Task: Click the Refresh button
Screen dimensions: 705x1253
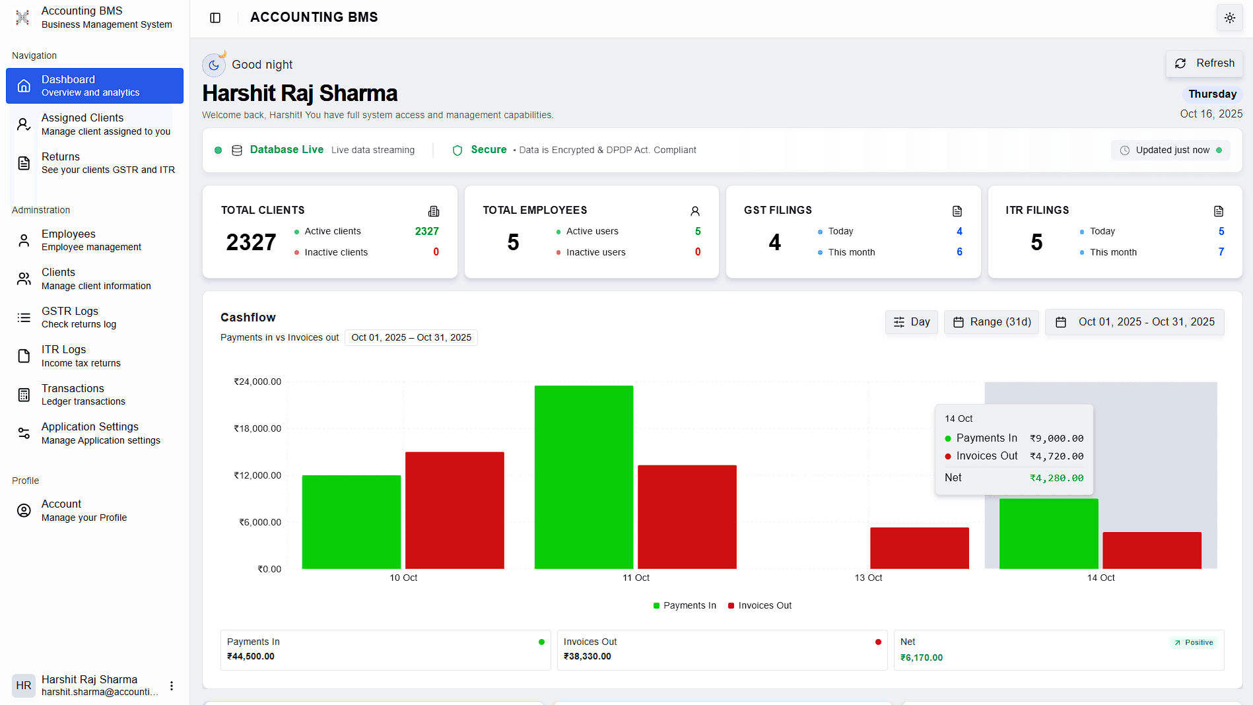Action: [x=1205, y=63]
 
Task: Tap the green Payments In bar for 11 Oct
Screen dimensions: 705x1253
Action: [x=584, y=477]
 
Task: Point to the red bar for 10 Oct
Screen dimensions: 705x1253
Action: [x=454, y=510]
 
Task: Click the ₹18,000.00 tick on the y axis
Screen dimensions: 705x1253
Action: [x=257, y=428]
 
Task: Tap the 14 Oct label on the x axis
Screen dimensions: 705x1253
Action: [x=1101, y=578]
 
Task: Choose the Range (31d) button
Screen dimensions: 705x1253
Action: [x=991, y=322]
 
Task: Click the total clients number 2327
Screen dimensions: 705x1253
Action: [x=251, y=242]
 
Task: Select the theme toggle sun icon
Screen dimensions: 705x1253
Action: [x=1229, y=18]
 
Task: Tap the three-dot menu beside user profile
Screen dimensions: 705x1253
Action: [x=172, y=686]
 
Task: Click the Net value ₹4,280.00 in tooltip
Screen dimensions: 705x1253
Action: [x=1056, y=478]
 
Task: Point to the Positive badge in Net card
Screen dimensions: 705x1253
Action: [x=1194, y=642]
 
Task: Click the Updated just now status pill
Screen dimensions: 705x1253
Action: [x=1170, y=151]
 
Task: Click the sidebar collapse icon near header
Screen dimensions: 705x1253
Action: [x=215, y=18]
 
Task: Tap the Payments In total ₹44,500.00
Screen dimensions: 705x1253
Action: [x=251, y=657]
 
